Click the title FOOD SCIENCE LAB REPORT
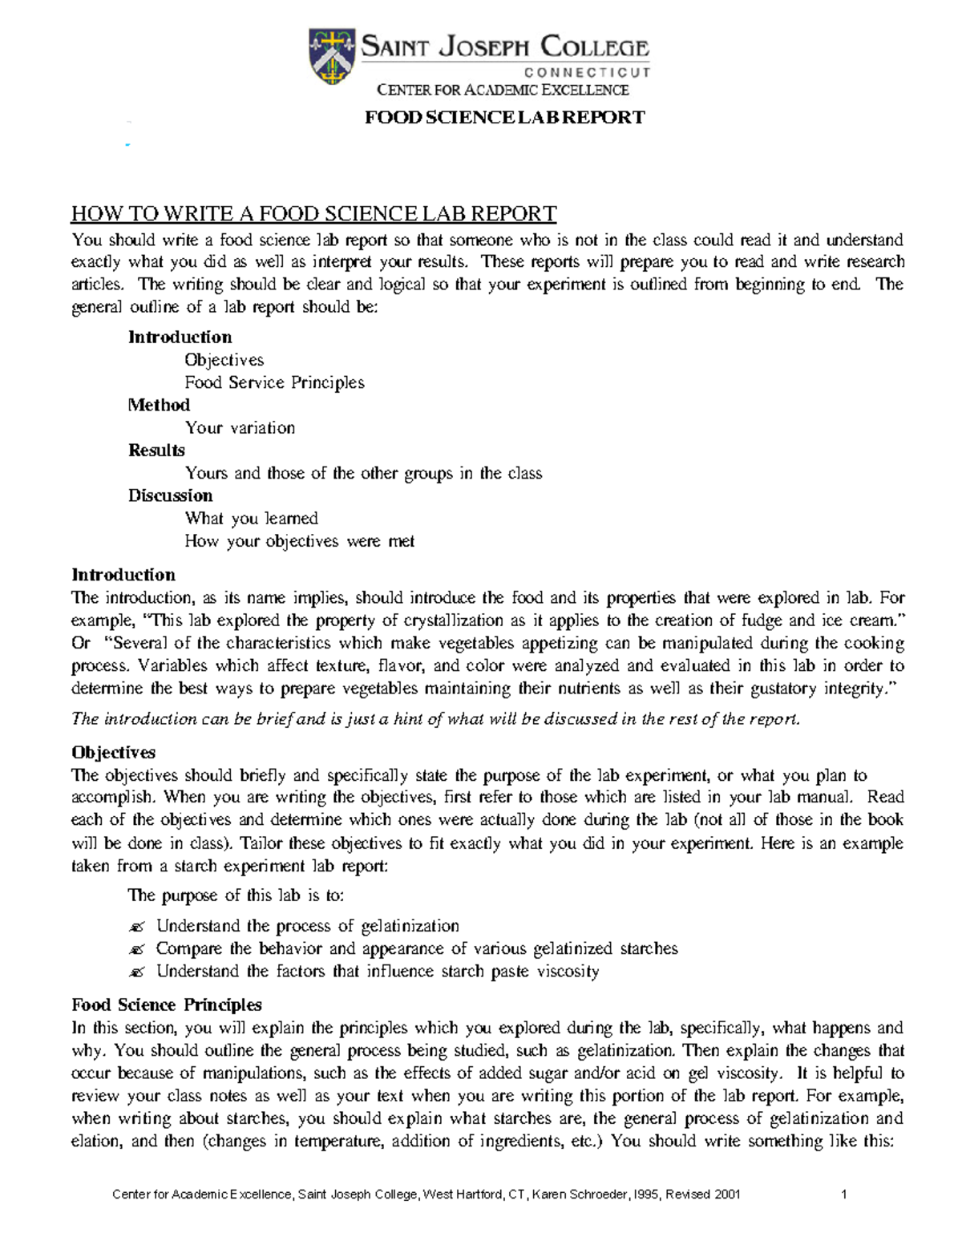pyautogui.click(x=504, y=118)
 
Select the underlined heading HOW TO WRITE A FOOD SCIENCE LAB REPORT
pyautogui.click(x=313, y=214)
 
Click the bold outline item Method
pyautogui.click(x=159, y=405)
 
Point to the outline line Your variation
pyautogui.click(x=240, y=428)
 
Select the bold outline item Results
pyautogui.click(x=156, y=451)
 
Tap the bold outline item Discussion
pyautogui.click(x=170, y=495)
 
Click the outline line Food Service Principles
pyautogui.click(x=274, y=383)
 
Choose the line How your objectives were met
pyautogui.click(x=299, y=541)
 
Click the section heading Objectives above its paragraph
pyautogui.click(x=113, y=753)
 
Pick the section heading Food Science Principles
pyautogui.click(x=167, y=1005)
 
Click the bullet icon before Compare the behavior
pyautogui.click(x=136, y=950)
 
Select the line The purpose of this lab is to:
pyautogui.click(x=236, y=896)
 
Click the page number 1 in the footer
pyautogui.click(x=844, y=1194)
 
